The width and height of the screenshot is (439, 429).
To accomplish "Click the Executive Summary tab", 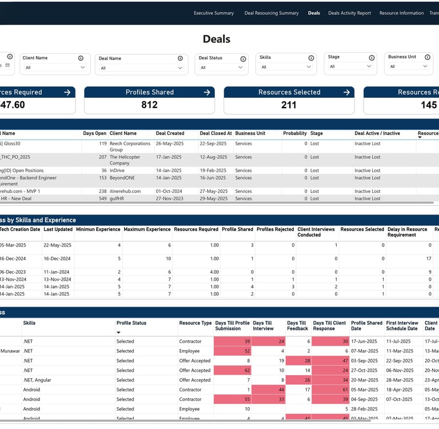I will point(214,13).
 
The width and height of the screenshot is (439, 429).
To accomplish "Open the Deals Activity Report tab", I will point(349,13).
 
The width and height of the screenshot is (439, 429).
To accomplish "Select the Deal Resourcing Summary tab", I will point(272,13).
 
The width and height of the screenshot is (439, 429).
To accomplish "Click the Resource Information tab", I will point(401,13).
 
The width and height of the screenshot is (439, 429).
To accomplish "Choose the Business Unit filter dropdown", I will point(408,66).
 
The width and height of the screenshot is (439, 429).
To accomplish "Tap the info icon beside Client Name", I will point(81,58).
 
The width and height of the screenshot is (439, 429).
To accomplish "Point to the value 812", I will point(150,105).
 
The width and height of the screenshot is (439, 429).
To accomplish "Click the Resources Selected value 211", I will point(289,105).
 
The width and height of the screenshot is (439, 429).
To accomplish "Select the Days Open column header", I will point(94,133).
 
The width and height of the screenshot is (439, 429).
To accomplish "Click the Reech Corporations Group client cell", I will point(130,146).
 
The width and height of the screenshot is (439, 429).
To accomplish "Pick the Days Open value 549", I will point(102,198).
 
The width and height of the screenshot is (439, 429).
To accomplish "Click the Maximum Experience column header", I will point(147,229).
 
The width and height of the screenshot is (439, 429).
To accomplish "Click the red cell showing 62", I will point(232,371).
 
